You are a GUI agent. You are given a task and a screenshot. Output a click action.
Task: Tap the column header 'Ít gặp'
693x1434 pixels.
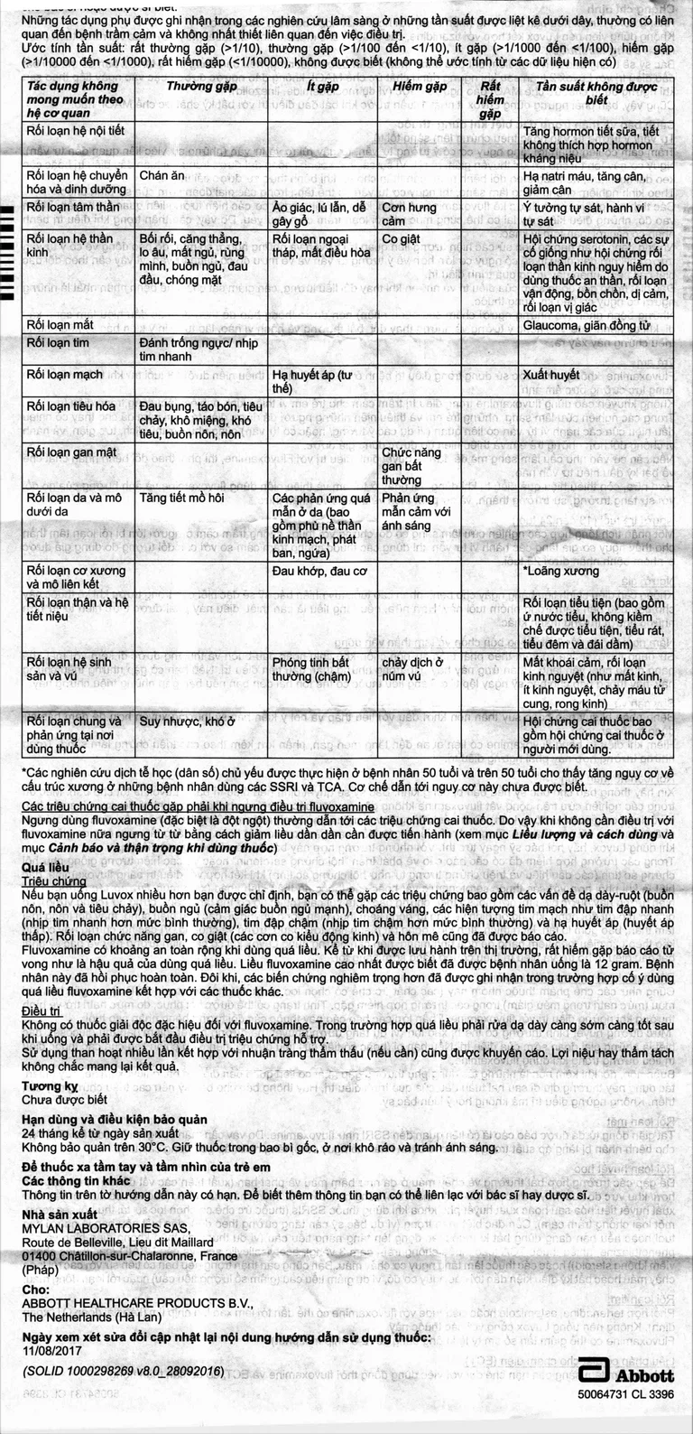(x=321, y=87)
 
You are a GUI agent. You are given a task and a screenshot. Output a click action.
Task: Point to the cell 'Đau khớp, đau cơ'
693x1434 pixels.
(x=319, y=571)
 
